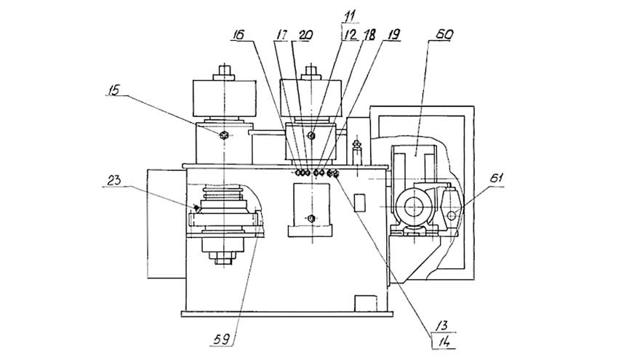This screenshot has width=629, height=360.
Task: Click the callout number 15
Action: click(x=114, y=90)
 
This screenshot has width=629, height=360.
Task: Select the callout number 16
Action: click(x=239, y=35)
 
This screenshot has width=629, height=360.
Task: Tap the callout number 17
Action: click(x=281, y=35)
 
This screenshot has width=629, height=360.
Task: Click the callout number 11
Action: click(x=349, y=18)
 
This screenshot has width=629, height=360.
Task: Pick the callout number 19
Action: click(x=393, y=35)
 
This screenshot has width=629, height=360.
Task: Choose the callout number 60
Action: click(x=444, y=34)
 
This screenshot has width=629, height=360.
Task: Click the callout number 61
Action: click(x=496, y=178)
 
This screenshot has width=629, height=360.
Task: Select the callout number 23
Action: click(x=113, y=180)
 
